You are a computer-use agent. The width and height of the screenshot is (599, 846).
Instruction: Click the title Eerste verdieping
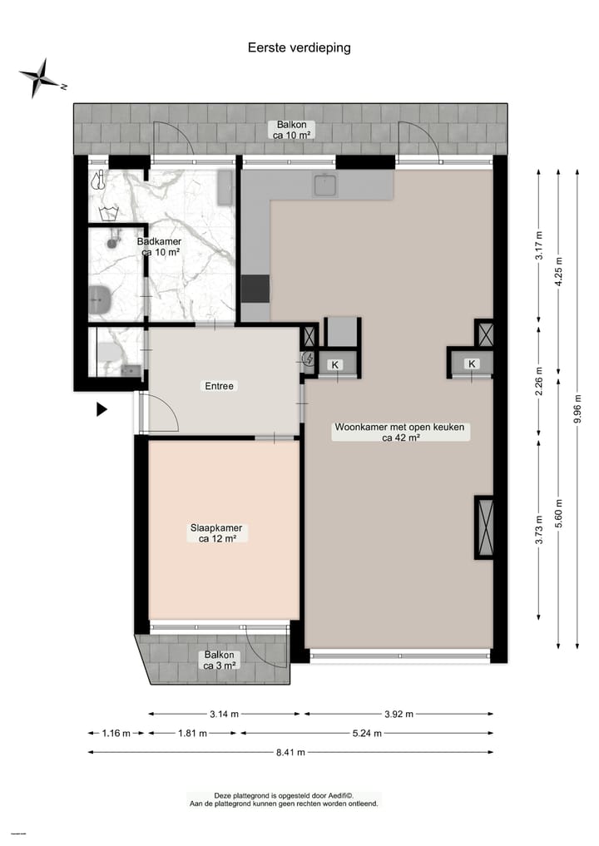coord(299,47)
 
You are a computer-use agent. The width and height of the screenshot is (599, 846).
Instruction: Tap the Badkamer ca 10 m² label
coord(159,246)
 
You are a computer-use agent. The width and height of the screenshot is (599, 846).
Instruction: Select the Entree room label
coord(220,386)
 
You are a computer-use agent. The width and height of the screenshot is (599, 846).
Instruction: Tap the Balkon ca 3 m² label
coord(220,660)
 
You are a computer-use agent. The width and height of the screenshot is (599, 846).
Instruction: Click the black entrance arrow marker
coord(101,408)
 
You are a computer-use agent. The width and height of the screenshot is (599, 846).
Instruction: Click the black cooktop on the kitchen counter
coord(255,288)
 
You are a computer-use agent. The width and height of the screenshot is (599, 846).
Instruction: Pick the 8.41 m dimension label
coord(290,752)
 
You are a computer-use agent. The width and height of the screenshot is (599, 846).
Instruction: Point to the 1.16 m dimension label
coord(116,733)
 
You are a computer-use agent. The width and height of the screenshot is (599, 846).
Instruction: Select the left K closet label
coord(335,364)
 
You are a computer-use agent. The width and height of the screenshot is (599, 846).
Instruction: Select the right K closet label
coord(472,364)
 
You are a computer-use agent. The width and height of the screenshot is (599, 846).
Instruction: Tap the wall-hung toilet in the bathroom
coord(100,298)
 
